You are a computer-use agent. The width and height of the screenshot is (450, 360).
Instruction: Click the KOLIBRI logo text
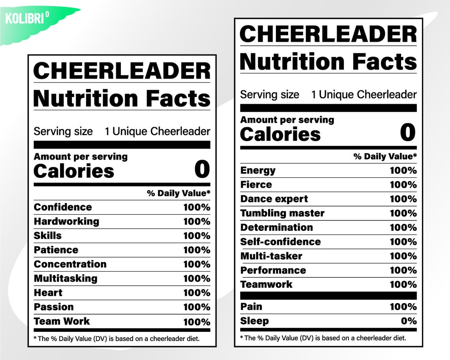pos(24,19)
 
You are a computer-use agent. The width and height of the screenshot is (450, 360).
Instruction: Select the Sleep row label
pos(254,321)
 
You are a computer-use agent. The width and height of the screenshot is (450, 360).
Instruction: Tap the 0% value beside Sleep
pos(409,321)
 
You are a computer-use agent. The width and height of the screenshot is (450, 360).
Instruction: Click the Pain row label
pos(251,307)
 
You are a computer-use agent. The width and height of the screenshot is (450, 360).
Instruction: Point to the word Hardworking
pos(66,221)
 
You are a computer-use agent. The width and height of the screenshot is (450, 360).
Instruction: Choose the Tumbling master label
pos(282,213)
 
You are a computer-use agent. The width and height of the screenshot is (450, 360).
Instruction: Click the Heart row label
pos(48,293)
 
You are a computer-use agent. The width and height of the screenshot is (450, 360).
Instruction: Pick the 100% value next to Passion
pos(197,307)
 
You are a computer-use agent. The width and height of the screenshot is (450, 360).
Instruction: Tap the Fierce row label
pos(256,185)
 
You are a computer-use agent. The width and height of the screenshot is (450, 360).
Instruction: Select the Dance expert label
pos(274,199)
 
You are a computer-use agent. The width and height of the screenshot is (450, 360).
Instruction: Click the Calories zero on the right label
pos(408,132)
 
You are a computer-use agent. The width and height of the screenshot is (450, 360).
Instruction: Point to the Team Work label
pos(62,321)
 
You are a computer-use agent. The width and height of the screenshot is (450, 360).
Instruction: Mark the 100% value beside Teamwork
pos(403,285)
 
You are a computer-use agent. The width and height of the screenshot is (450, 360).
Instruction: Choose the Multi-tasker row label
pos(271,256)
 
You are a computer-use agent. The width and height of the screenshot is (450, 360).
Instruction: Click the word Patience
pos(56,250)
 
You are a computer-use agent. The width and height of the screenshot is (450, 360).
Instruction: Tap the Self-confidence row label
pos(280,242)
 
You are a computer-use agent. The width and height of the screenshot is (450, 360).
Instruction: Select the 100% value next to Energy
pos(403,170)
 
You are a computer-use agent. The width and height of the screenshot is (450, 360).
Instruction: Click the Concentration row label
pos(70,264)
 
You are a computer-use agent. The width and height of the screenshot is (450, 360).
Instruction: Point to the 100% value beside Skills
pos(197,236)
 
